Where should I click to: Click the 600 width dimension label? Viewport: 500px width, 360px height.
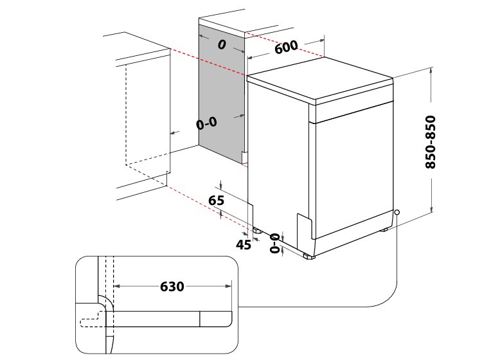point(286,47)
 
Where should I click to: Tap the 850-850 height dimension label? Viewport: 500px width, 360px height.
point(431,142)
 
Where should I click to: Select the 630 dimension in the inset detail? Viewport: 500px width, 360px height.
point(172,286)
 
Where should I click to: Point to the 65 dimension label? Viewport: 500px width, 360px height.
point(216,200)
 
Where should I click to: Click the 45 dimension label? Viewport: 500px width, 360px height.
point(244,244)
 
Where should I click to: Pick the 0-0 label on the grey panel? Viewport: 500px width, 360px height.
point(207,123)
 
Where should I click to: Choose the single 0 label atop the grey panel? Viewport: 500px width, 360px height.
point(222,45)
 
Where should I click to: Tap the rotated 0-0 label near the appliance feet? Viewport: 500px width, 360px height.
point(274,243)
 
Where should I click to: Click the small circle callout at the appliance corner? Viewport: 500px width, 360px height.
point(397,212)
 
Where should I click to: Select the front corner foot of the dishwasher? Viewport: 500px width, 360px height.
point(309,256)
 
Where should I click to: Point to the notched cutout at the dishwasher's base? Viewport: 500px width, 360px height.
point(304,226)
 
